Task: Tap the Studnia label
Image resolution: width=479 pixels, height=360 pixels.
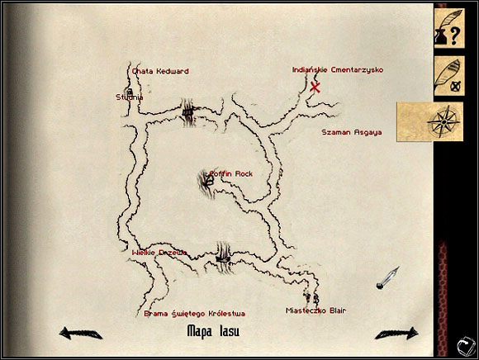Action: tap(130, 97)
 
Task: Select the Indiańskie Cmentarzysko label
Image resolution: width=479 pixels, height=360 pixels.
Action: tap(338, 70)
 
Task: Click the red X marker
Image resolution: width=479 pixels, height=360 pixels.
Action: tap(315, 88)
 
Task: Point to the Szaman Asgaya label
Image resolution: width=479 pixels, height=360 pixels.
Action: tap(351, 132)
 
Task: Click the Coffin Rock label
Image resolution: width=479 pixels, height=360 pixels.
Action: tap(231, 174)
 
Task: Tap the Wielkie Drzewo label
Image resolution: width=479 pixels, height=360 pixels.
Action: tap(159, 252)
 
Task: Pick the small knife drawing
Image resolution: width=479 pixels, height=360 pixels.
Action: tap(387, 278)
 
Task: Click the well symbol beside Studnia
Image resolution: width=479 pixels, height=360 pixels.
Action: tap(129, 90)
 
